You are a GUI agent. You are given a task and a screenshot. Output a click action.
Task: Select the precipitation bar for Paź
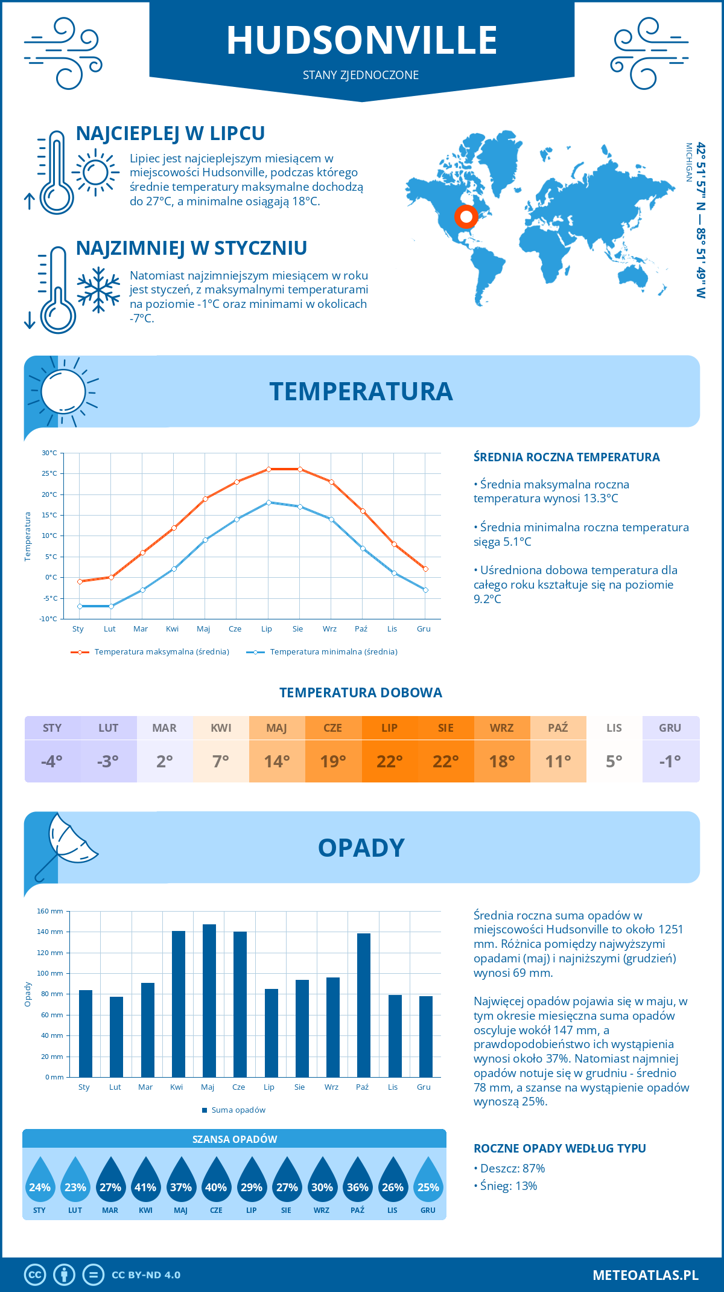point(364,1005)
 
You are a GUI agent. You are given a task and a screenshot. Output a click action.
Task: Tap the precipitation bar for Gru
point(426,1037)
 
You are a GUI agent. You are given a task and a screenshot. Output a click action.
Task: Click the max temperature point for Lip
point(268,469)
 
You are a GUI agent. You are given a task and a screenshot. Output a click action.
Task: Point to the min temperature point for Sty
point(80,606)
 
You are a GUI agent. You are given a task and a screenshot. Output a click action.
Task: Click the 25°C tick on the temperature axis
point(49,474)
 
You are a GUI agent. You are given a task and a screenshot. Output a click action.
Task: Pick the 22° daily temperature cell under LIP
point(389,761)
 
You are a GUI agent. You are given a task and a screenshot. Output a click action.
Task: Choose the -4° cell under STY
point(52,761)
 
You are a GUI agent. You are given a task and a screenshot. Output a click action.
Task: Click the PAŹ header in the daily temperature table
point(558,728)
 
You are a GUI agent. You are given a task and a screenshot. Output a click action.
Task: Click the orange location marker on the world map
point(466,216)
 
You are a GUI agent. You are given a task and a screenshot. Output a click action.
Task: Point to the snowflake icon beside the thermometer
point(98,290)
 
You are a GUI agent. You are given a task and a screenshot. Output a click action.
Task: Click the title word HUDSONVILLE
point(361,40)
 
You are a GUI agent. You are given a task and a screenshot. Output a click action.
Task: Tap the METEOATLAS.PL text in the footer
point(645,1275)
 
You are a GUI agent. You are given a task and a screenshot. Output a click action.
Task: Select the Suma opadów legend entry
point(238,1110)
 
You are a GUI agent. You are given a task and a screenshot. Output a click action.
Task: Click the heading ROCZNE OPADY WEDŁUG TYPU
point(559,1148)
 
